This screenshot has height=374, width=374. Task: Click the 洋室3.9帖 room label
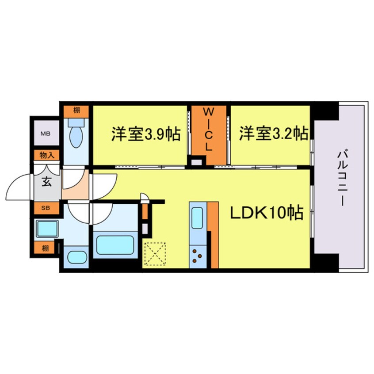(145, 134)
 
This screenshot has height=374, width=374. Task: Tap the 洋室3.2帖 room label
(274, 133)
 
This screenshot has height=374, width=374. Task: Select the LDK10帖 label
(266, 214)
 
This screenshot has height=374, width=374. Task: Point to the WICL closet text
(208, 130)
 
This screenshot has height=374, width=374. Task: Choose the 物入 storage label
(46, 155)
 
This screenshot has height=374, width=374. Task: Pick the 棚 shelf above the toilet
(76, 110)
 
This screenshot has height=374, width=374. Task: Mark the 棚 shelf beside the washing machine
(46, 248)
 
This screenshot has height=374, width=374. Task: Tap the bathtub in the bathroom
(117, 244)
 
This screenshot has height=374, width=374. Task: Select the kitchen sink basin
(198, 216)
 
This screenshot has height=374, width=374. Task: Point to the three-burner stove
(198, 256)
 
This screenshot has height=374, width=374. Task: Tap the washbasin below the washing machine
(76, 257)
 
